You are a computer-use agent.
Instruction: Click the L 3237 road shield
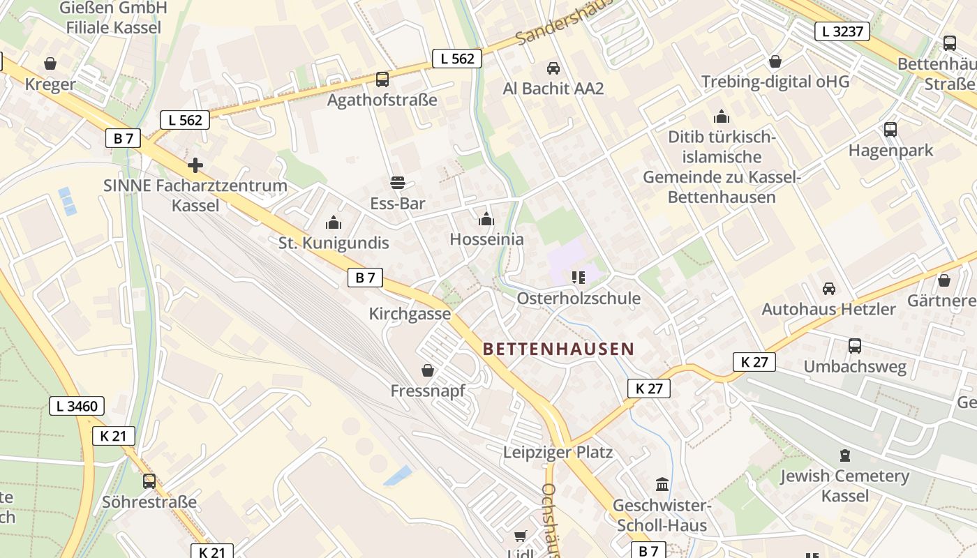point(842,31)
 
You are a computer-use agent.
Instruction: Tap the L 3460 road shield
point(77,406)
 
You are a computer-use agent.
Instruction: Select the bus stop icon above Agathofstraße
point(382,80)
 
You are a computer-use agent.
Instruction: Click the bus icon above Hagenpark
point(890,129)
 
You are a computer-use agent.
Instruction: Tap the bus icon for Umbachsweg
point(854,345)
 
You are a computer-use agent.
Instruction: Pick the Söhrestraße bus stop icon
point(149,481)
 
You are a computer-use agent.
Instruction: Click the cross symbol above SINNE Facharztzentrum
point(195,165)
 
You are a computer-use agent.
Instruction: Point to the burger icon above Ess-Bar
point(398,183)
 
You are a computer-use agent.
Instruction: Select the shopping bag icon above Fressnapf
point(427,370)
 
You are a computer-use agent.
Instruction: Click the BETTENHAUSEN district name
point(558,349)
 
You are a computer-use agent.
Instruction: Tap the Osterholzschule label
point(579,299)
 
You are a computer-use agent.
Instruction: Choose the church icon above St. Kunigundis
point(334,223)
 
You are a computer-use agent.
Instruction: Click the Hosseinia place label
point(486,239)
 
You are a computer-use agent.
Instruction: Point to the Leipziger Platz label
point(558,453)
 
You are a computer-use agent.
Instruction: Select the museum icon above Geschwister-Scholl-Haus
point(662,484)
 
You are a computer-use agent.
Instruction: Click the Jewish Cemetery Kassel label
point(844,486)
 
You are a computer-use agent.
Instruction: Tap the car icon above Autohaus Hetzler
point(828,288)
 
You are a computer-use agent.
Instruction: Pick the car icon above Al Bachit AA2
point(553,68)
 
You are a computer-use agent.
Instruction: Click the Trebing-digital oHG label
point(775,82)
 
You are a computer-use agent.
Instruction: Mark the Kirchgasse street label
point(410,314)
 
